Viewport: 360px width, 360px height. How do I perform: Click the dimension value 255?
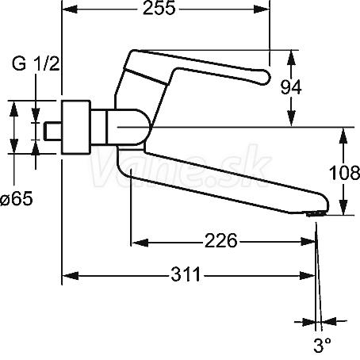(159, 8)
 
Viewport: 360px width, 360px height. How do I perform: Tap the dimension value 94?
(291, 87)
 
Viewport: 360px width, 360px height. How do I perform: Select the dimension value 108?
(344, 173)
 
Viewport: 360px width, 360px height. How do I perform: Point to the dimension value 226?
(221, 241)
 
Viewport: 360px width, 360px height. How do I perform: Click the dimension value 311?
(186, 275)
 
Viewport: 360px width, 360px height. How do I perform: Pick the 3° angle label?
(322, 345)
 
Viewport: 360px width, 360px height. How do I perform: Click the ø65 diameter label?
(17, 198)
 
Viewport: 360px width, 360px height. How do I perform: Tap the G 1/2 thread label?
(36, 64)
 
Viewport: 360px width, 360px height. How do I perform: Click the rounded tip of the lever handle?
(266, 77)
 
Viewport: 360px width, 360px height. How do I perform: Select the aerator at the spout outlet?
(315, 213)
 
